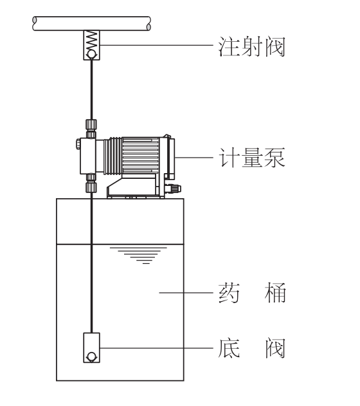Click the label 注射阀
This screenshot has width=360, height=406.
pyautogui.click(x=251, y=46)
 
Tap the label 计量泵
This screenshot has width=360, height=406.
pyautogui.click(x=252, y=158)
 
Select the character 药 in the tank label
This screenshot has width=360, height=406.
pyautogui.click(x=229, y=293)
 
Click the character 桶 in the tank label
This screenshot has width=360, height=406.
pyautogui.click(x=275, y=293)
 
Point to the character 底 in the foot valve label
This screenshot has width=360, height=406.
pyautogui.click(x=229, y=348)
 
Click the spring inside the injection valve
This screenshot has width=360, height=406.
pyautogui.click(x=91, y=41)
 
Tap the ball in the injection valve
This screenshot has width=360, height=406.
pyautogui.click(x=91, y=55)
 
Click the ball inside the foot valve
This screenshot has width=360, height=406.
pyautogui.click(x=91, y=356)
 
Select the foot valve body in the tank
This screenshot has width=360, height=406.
pyautogui.click(x=91, y=347)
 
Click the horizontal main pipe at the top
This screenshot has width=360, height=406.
pyautogui.click(x=91, y=24)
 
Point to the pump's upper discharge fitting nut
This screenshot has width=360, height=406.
pyautogui.click(x=91, y=125)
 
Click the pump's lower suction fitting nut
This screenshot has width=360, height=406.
pyautogui.click(x=91, y=187)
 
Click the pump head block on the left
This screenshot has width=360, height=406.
pyautogui.click(x=87, y=156)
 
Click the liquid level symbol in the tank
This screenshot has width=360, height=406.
pyautogui.click(x=138, y=255)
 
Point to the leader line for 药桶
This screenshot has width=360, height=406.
pyautogui.click(x=186, y=293)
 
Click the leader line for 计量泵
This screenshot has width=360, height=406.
pyautogui.click(x=194, y=158)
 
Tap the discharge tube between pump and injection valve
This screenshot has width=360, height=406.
pyautogui.click(x=91, y=89)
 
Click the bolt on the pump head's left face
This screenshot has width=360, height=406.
pyautogui.click(x=78, y=144)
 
